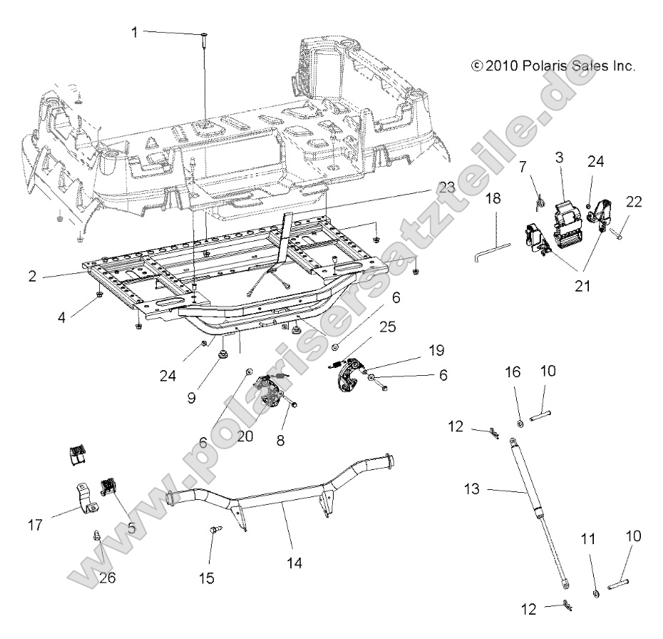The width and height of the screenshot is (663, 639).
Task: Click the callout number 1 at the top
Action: pos(133,32)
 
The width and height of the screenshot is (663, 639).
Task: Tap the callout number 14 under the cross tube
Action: pos(294,563)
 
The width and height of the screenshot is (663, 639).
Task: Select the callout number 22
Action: pos(633,202)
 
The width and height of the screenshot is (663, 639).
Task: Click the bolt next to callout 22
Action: pos(620,232)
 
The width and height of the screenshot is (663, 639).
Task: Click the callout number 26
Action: pos(107,578)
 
